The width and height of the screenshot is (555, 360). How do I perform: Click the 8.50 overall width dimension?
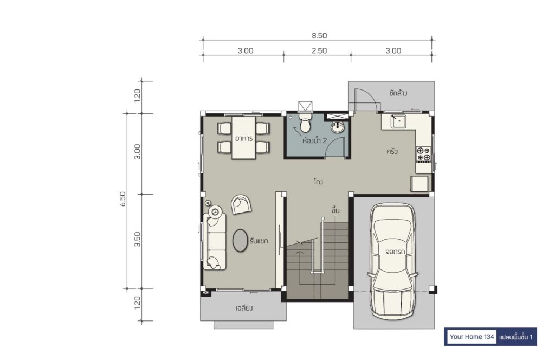[319, 36]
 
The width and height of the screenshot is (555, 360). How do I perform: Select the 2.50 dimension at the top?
[319, 50]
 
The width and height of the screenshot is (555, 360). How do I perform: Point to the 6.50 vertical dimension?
[123, 198]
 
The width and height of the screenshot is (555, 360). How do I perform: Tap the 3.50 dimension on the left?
[138, 239]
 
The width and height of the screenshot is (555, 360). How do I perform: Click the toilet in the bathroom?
[305, 121]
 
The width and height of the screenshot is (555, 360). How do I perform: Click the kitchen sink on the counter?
[398, 121]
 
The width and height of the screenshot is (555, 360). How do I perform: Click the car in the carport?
[392, 261]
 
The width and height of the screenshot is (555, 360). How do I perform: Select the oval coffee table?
[240, 240]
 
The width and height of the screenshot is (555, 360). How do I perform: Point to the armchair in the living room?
[241, 204]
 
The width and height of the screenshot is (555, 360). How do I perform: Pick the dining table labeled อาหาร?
[244, 138]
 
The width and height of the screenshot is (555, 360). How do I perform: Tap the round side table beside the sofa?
[215, 211]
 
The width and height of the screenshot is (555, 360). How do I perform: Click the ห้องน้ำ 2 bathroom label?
[314, 140]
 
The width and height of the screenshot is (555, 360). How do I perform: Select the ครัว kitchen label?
[392, 151]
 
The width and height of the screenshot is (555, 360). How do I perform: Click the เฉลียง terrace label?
[244, 308]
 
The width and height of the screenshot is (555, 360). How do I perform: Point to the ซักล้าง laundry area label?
[398, 93]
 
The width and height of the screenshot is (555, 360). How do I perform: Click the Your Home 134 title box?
[472, 337]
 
